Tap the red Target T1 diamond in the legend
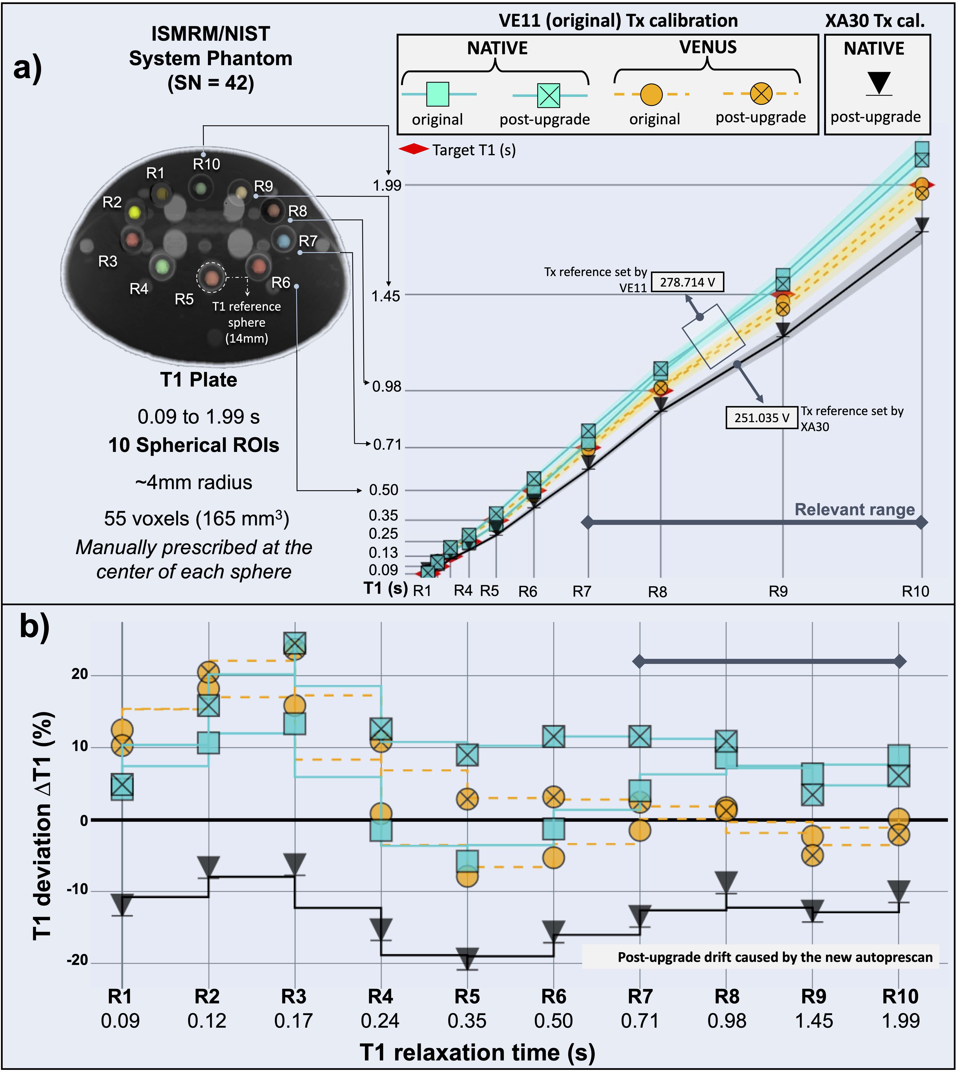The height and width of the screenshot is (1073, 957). [x=414, y=150]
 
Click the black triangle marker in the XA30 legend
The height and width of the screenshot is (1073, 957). [x=879, y=83]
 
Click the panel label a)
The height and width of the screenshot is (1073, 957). [x=27, y=68]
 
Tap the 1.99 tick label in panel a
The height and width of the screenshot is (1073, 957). [x=387, y=185]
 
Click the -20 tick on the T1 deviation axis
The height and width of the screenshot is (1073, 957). [x=77, y=960]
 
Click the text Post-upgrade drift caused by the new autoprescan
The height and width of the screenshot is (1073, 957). [x=775, y=957]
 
